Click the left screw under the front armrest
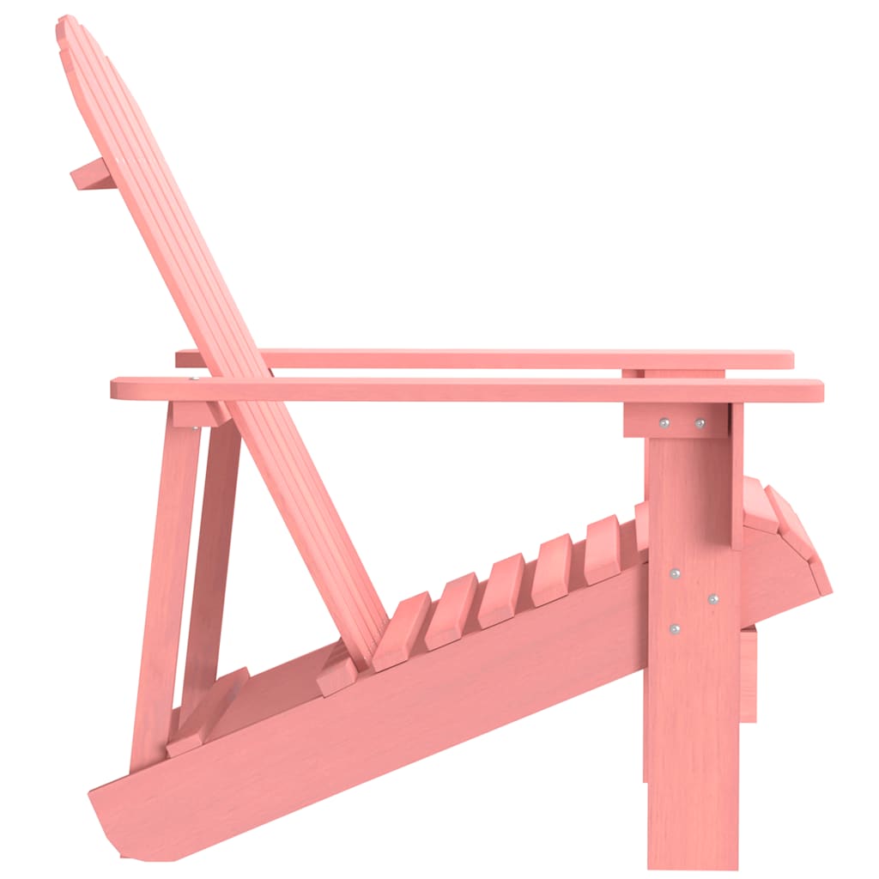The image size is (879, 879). tap(664, 422)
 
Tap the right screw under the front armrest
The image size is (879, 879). tap(700, 423)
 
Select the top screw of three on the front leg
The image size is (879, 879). tap(676, 573)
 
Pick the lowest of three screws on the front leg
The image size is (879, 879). tap(675, 629)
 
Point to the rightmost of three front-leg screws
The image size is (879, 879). tap(713, 598)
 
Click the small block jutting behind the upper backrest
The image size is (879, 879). tap(89, 174)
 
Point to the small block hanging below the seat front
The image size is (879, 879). tap(748, 674)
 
